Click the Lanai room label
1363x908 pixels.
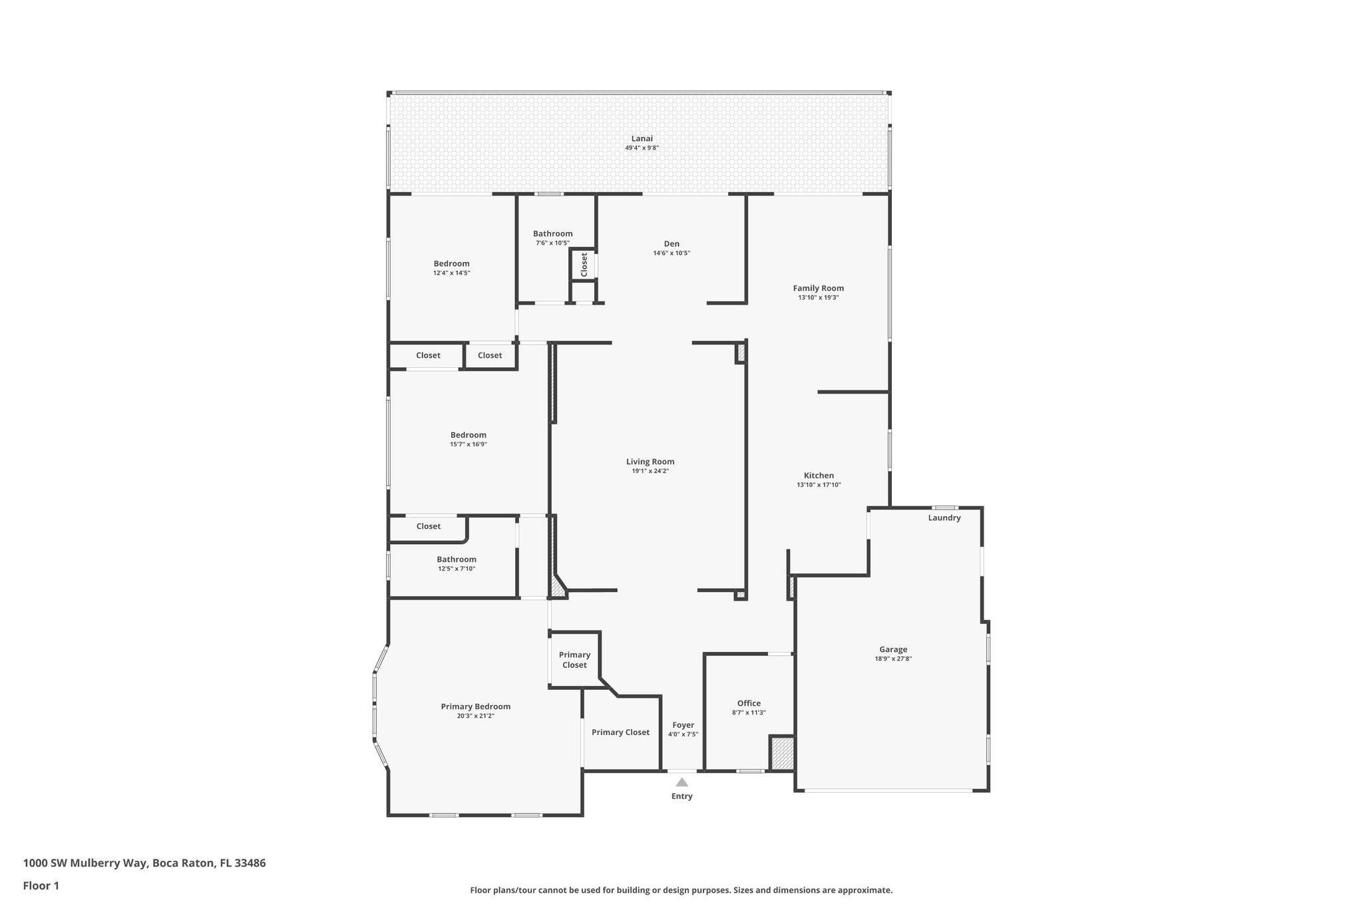(x=642, y=138)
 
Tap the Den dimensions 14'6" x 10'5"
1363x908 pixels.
(x=672, y=253)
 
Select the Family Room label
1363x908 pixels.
(x=818, y=288)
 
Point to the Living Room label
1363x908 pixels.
(x=650, y=462)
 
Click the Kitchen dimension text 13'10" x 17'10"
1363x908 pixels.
(x=819, y=485)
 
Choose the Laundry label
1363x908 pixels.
(x=944, y=518)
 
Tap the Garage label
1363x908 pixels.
(x=893, y=649)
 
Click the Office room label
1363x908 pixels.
(x=749, y=703)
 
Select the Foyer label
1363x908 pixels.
(x=683, y=725)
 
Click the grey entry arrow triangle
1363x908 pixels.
(x=682, y=782)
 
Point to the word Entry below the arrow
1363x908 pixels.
(x=682, y=796)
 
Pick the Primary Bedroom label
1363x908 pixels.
(x=476, y=706)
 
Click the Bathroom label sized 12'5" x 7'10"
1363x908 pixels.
(x=457, y=559)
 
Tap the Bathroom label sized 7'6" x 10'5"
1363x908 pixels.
(x=552, y=233)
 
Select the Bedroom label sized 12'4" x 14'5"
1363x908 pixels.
(x=452, y=263)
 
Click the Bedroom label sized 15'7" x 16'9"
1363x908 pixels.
(x=469, y=435)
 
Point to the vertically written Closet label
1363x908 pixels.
(x=584, y=265)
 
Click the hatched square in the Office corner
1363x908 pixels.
(x=783, y=754)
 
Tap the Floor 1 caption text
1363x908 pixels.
(x=41, y=885)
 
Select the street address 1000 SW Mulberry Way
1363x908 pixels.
(x=85, y=863)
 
